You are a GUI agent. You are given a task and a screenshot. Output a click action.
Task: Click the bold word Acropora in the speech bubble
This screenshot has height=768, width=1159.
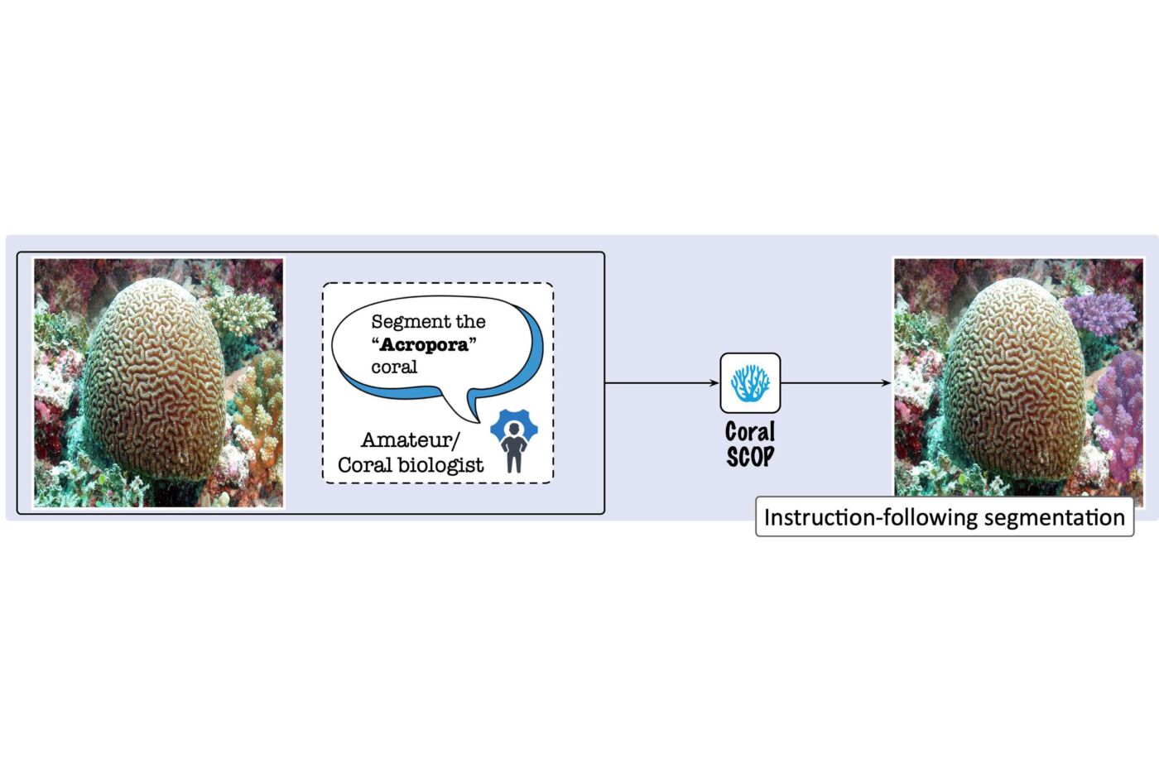click(424, 345)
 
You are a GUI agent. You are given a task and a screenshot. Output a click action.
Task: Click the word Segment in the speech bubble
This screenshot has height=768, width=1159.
click(405, 322)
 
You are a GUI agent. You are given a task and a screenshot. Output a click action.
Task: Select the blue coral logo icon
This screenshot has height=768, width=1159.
click(750, 383)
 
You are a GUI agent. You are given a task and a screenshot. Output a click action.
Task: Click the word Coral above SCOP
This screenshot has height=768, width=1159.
click(750, 432)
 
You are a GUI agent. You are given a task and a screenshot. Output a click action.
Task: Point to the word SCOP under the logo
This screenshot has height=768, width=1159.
click(750, 456)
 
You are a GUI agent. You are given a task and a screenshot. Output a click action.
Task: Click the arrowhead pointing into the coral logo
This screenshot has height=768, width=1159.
click(714, 383)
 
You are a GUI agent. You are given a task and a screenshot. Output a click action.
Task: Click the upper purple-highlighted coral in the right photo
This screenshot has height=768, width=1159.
click(1099, 313)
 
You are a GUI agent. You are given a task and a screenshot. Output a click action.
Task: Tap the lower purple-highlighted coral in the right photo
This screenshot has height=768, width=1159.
click(1119, 414)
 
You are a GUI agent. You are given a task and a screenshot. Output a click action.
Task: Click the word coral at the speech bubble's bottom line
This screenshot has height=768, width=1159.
click(394, 367)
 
